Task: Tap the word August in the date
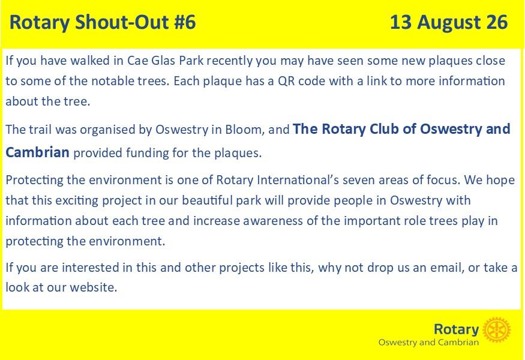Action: tap(449, 23)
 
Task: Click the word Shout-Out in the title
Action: tap(122, 22)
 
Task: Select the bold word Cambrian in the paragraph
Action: tap(37, 152)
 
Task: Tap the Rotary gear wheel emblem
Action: tap(497, 330)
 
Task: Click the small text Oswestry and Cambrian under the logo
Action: tap(428, 343)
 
